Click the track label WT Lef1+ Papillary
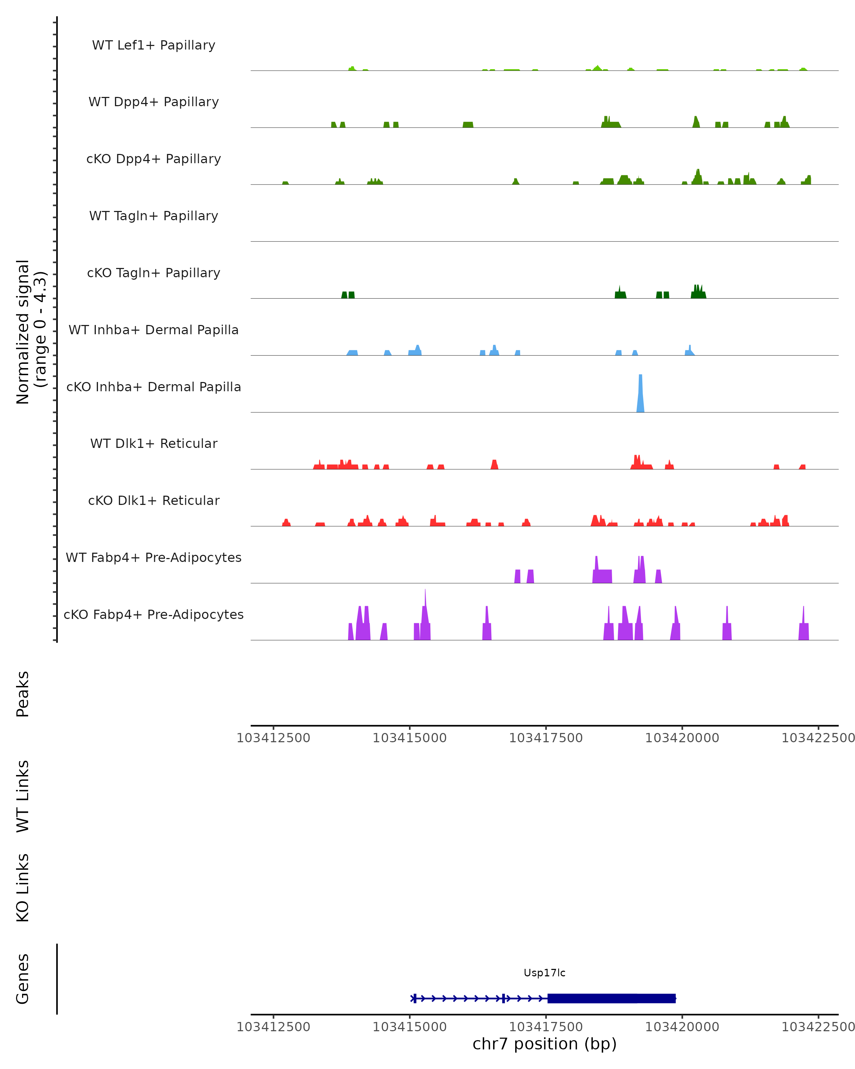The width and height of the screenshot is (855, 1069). tap(154, 45)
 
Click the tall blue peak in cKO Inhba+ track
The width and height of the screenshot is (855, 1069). tap(641, 394)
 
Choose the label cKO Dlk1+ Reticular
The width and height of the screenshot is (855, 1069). tap(154, 500)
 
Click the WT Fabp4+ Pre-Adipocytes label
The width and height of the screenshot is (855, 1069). tap(154, 557)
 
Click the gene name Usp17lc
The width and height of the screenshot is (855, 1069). tap(544, 973)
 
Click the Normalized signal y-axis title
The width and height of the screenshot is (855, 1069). tap(31, 332)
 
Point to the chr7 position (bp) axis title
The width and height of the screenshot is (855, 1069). tap(544, 1044)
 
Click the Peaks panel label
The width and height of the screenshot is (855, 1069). tap(23, 694)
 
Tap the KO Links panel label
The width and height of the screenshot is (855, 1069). tap(23, 888)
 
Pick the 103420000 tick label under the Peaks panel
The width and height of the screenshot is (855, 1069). tap(682, 738)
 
